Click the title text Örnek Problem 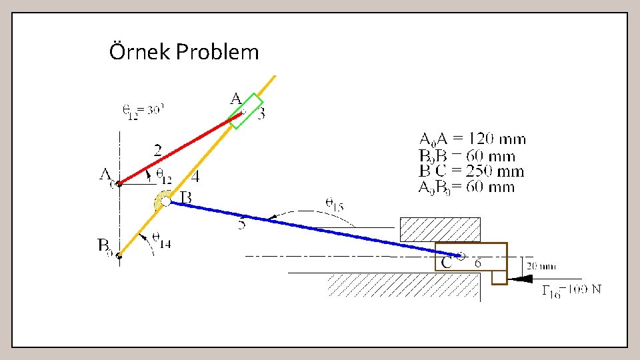tap(183, 51)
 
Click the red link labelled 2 tap(180, 149)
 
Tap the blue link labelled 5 tap(307, 225)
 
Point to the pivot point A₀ tap(119, 183)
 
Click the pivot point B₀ tap(119, 255)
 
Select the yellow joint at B tap(163, 200)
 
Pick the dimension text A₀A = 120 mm tap(471, 139)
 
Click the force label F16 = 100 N tap(571, 289)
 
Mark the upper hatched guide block tap(439, 229)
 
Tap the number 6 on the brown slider tap(479, 263)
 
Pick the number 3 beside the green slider tap(261, 114)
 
